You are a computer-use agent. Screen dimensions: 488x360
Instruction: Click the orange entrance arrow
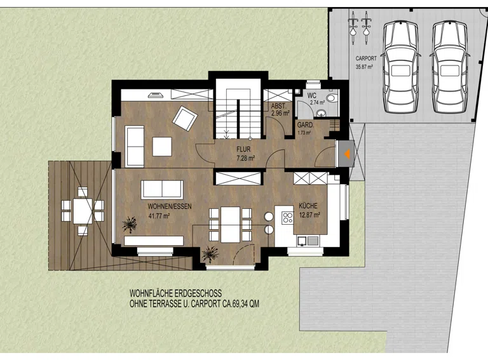tap(346, 154)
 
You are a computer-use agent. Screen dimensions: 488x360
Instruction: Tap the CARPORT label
tap(366, 58)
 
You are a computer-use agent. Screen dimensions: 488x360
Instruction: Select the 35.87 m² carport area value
tap(364, 66)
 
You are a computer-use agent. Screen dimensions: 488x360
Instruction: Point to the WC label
tap(311, 95)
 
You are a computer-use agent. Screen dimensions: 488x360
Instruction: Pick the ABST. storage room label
tap(278, 106)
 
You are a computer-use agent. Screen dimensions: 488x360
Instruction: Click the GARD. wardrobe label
tap(305, 125)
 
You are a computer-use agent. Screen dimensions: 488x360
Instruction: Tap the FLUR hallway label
tap(243, 150)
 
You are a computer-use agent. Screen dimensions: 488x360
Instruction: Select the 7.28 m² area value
tap(246, 158)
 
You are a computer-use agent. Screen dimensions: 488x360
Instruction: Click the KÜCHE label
tap(308, 206)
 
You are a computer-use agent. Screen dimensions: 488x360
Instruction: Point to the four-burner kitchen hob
tap(287, 218)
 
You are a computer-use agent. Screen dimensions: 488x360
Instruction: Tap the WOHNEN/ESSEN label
tap(170, 206)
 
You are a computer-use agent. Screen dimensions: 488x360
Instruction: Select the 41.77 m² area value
tap(159, 216)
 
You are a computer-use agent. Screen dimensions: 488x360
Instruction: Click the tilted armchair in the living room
tap(185, 118)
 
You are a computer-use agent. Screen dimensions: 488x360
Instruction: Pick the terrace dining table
tap(83, 211)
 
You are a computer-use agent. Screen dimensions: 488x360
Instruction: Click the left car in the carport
tap(400, 67)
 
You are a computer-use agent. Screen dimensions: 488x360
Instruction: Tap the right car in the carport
tap(450, 67)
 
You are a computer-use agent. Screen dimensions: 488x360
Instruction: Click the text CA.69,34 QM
tap(241, 303)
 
